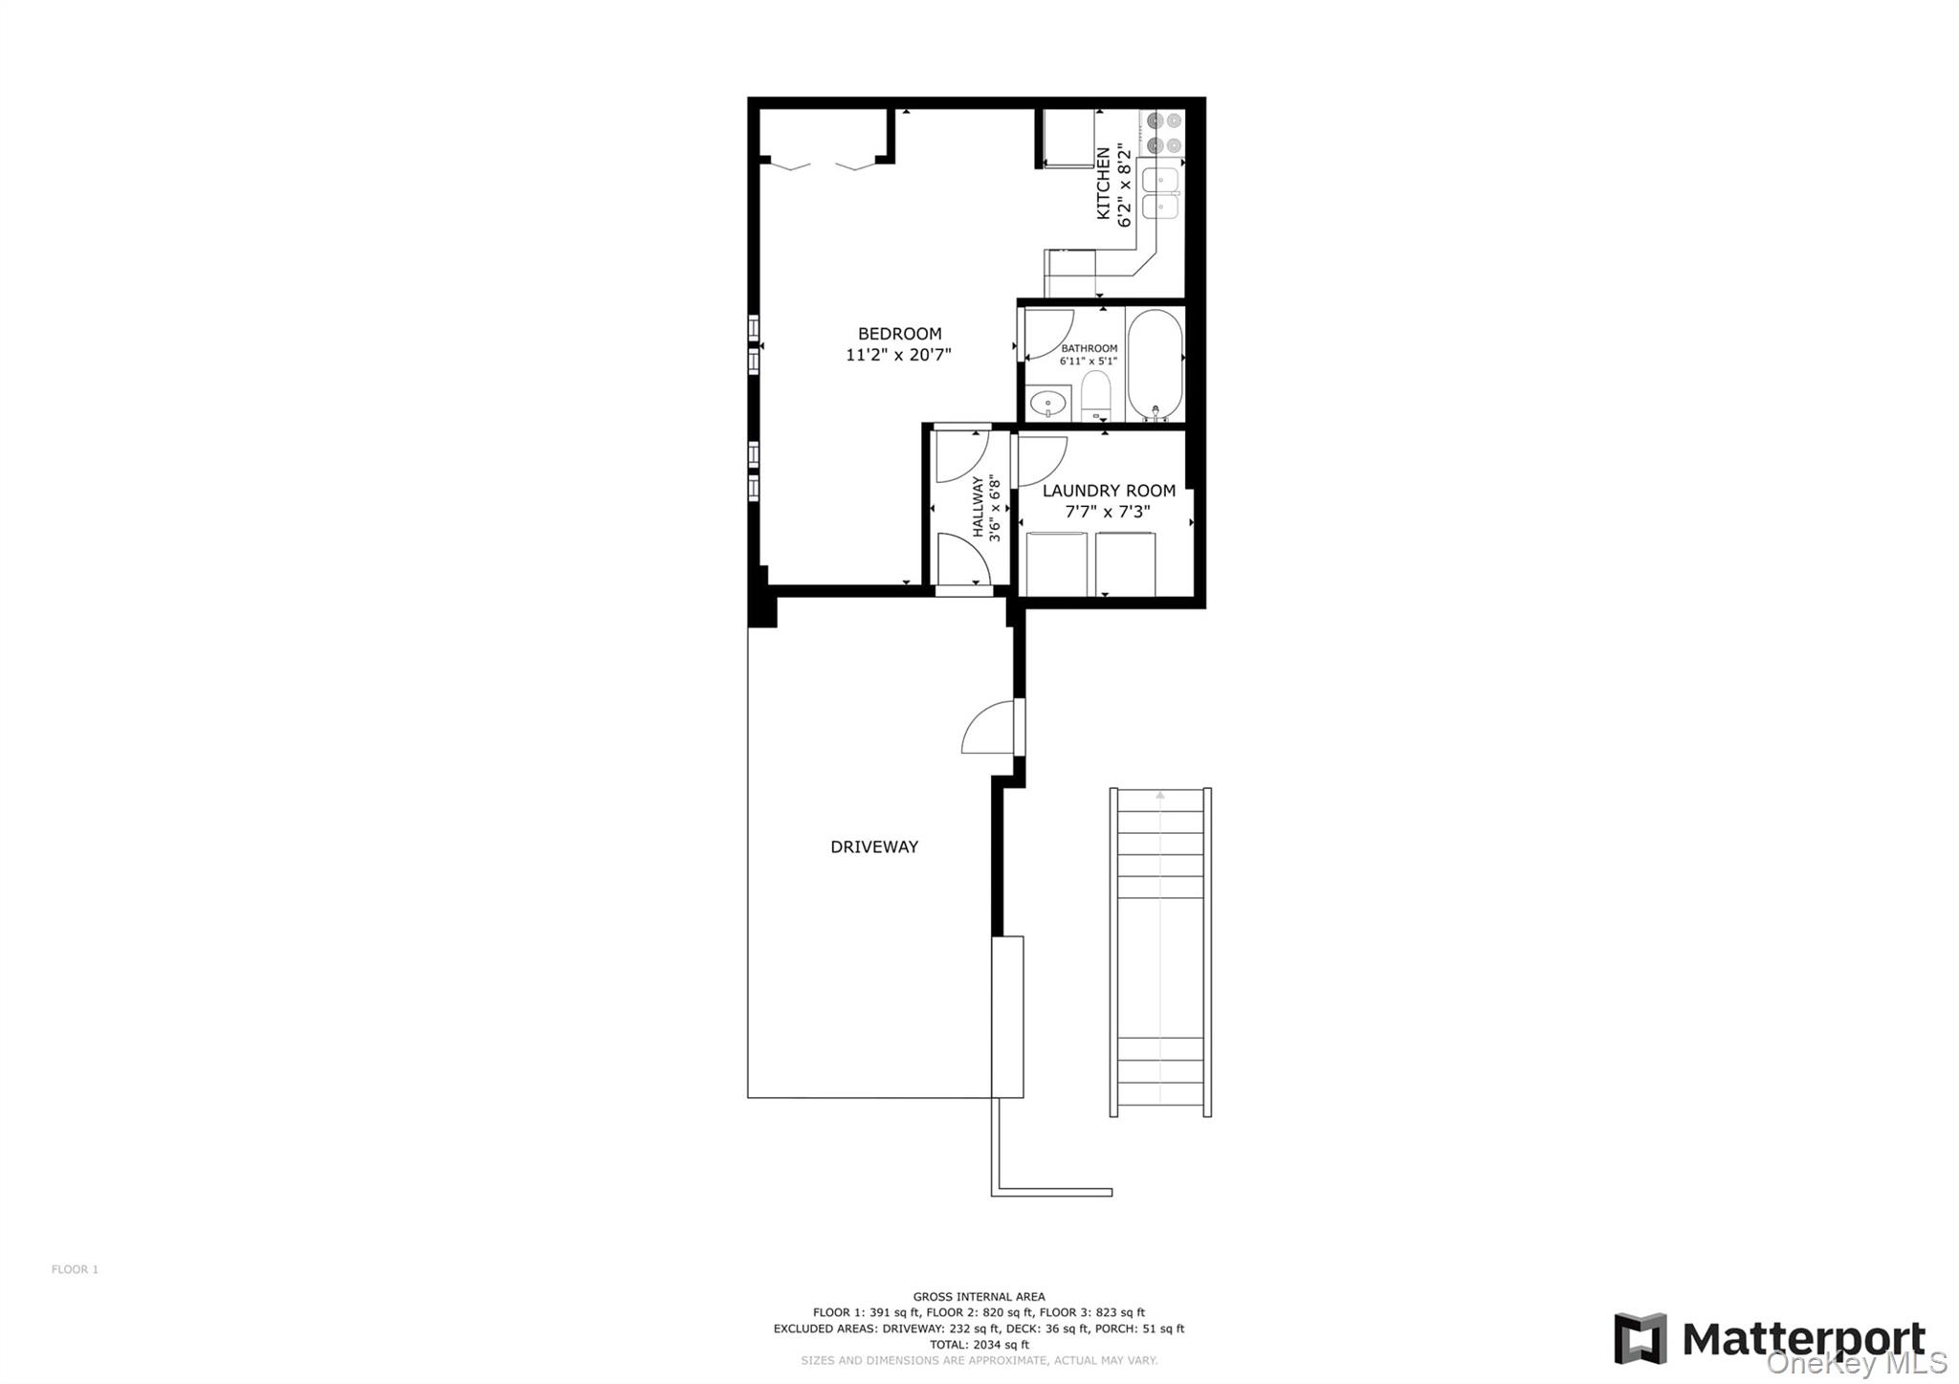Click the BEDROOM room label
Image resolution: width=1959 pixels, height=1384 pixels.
click(x=899, y=334)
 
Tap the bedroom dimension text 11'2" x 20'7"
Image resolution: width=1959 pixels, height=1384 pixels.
click(x=898, y=355)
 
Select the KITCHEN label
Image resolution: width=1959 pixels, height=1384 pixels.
click(x=1103, y=183)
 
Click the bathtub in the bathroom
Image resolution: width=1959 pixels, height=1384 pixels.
click(x=1155, y=363)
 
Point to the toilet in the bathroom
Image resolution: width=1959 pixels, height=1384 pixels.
click(x=1095, y=394)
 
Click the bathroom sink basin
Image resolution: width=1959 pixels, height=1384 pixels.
click(x=1048, y=404)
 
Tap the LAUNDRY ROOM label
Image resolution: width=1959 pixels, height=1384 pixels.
click(x=1109, y=491)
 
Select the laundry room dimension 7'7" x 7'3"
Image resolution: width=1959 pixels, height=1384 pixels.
click(x=1108, y=512)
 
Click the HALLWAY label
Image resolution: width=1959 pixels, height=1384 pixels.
click(x=979, y=507)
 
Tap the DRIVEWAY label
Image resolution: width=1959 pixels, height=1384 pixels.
click(x=874, y=846)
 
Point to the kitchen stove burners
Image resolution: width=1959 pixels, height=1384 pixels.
click(x=1163, y=133)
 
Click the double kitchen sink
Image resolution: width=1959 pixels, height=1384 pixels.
click(x=1160, y=192)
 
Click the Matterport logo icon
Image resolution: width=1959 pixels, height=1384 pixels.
click(x=1640, y=1338)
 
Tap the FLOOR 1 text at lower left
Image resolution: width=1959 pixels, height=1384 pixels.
click(x=75, y=1269)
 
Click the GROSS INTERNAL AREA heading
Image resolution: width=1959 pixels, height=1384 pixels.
click(x=979, y=1297)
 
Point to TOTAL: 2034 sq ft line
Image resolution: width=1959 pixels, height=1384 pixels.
click(x=979, y=1344)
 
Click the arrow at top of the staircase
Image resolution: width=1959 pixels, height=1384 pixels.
click(x=1160, y=795)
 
